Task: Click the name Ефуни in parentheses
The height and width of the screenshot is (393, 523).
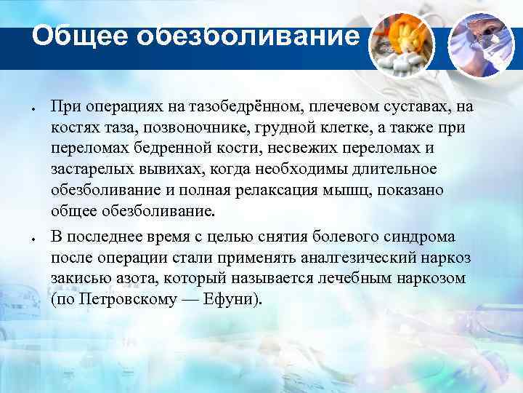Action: [232, 299]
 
